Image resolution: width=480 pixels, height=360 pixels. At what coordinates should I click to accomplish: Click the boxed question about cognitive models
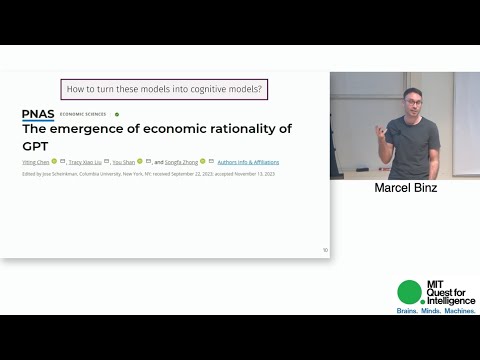164,89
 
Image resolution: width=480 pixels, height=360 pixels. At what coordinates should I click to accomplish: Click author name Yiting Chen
34,161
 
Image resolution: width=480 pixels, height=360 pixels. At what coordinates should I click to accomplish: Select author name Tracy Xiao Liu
85,161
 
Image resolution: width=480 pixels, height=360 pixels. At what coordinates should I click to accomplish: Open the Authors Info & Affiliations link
249,161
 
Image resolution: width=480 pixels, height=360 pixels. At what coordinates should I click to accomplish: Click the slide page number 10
324,250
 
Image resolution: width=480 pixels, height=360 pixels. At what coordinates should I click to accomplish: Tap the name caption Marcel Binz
405,188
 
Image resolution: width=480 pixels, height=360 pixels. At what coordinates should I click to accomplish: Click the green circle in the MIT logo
409,291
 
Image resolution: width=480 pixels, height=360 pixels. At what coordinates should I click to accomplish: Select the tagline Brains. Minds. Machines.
436,313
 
